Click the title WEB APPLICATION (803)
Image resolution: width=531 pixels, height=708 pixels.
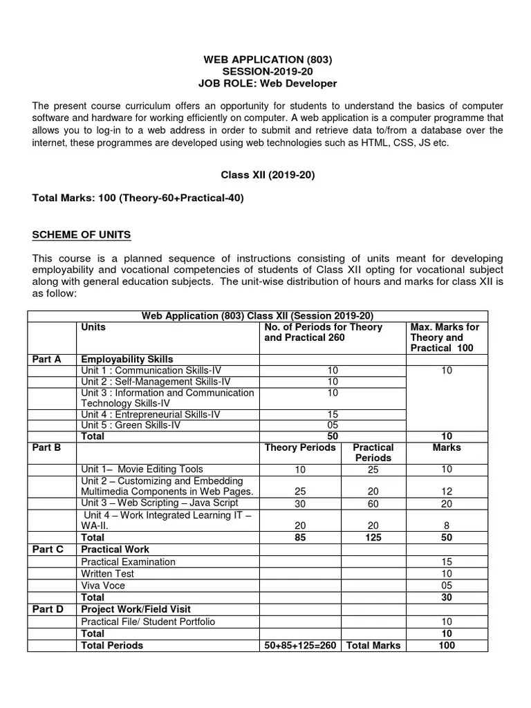(x=268, y=60)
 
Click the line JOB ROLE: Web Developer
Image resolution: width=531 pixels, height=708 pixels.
(x=268, y=84)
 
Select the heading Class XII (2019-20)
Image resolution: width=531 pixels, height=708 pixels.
(x=268, y=175)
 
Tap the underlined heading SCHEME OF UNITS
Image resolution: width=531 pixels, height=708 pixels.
(x=82, y=234)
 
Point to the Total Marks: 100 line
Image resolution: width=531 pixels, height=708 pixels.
(x=138, y=198)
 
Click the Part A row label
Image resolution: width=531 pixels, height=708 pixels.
(x=47, y=359)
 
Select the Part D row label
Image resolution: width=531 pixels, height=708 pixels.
(x=48, y=609)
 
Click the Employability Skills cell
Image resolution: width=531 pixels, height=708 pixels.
(x=127, y=359)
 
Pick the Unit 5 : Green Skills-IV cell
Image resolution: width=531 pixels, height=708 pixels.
(x=130, y=425)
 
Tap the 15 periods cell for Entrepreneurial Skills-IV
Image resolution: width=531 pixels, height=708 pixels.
(x=333, y=414)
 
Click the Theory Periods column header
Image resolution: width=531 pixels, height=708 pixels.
(x=300, y=447)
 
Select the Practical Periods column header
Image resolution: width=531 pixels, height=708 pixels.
(x=373, y=452)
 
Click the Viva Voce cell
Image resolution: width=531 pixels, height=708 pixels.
(x=103, y=585)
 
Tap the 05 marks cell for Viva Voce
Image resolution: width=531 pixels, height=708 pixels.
(x=446, y=585)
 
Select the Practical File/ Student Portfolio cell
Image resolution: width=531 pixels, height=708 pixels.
(x=148, y=622)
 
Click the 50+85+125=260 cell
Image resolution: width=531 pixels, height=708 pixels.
(x=300, y=645)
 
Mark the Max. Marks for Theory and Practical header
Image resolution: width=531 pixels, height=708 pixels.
(x=445, y=337)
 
